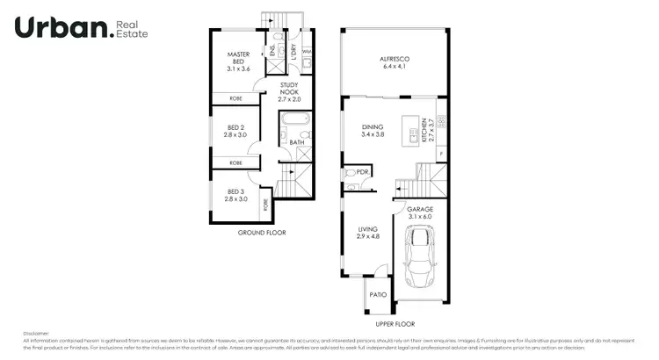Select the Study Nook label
pos(290,92)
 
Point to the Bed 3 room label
pos(235,195)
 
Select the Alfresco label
pos(395,63)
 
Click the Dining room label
pos(373,131)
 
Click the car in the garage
pos(420,261)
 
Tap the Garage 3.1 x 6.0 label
pos(420,212)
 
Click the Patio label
pos(378,294)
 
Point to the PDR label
pos(363,173)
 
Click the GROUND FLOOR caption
pos(262,233)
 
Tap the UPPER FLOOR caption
pos(395,324)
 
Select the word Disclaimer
pos(37,334)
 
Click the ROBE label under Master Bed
pos(235,98)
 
